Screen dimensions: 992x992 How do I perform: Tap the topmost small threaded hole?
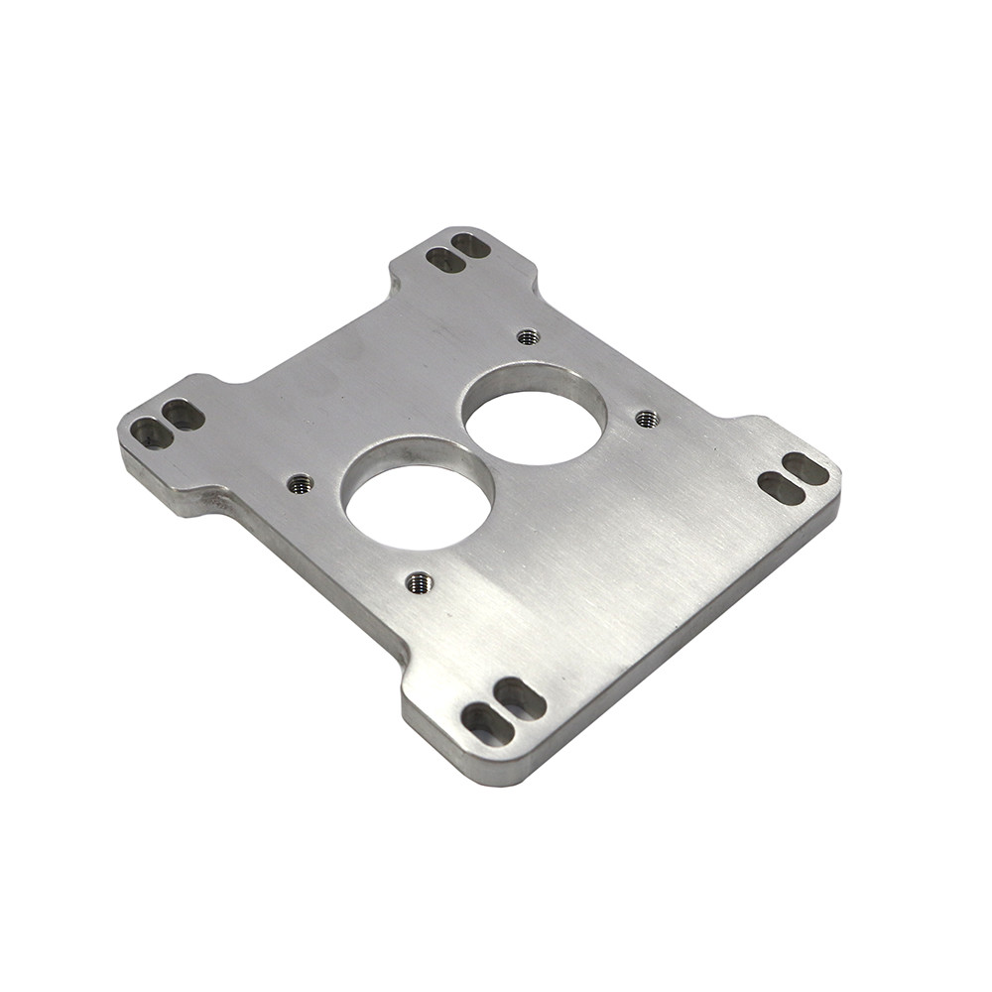click(x=528, y=337)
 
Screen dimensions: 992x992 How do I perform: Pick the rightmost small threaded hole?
click(x=647, y=419)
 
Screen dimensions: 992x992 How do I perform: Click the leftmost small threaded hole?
click(x=300, y=484)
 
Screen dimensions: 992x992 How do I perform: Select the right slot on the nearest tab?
click(x=520, y=699)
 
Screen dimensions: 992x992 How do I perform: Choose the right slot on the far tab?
click(x=470, y=245)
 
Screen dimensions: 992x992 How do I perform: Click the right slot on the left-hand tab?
click(x=184, y=415)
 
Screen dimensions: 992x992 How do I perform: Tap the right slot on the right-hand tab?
click(x=806, y=468)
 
